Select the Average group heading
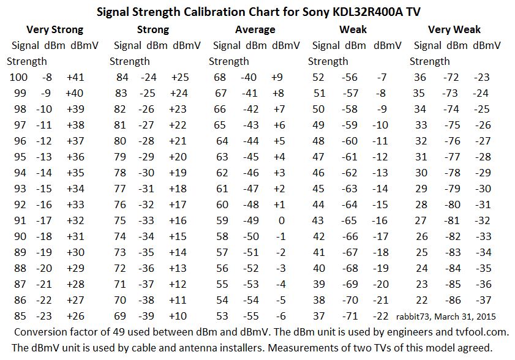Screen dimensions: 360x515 (x=255, y=29)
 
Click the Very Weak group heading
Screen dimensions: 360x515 (x=454, y=29)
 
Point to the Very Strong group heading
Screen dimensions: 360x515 (x=55, y=29)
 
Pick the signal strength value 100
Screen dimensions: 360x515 (x=19, y=77)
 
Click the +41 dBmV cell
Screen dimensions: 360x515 (x=75, y=77)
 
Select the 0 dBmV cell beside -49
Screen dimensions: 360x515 (x=281, y=220)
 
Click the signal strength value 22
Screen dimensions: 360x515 (x=420, y=300)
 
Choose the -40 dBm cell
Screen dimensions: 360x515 (x=249, y=77)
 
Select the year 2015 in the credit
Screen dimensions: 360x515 (x=485, y=317)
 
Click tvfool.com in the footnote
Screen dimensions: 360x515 (x=470, y=332)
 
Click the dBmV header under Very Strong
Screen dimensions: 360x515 (x=85, y=45)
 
